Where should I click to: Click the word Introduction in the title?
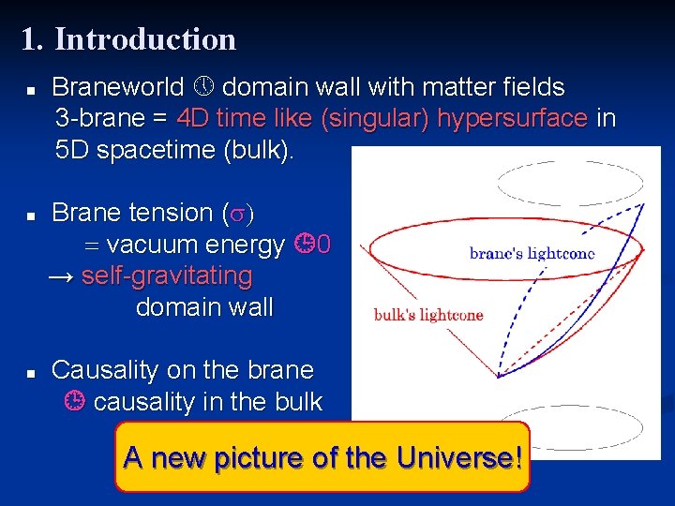coord(145,39)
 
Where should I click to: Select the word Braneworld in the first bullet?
coord(118,88)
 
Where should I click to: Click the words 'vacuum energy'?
coord(195,246)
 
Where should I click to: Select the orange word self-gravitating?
coord(167,276)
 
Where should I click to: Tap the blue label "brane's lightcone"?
coord(532,253)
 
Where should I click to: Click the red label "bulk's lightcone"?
coord(428,314)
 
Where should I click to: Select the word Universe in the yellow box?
coord(457,458)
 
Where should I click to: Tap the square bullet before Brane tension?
coord(30,216)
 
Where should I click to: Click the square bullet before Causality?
coord(30,373)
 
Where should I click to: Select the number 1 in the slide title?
coord(29,39)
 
